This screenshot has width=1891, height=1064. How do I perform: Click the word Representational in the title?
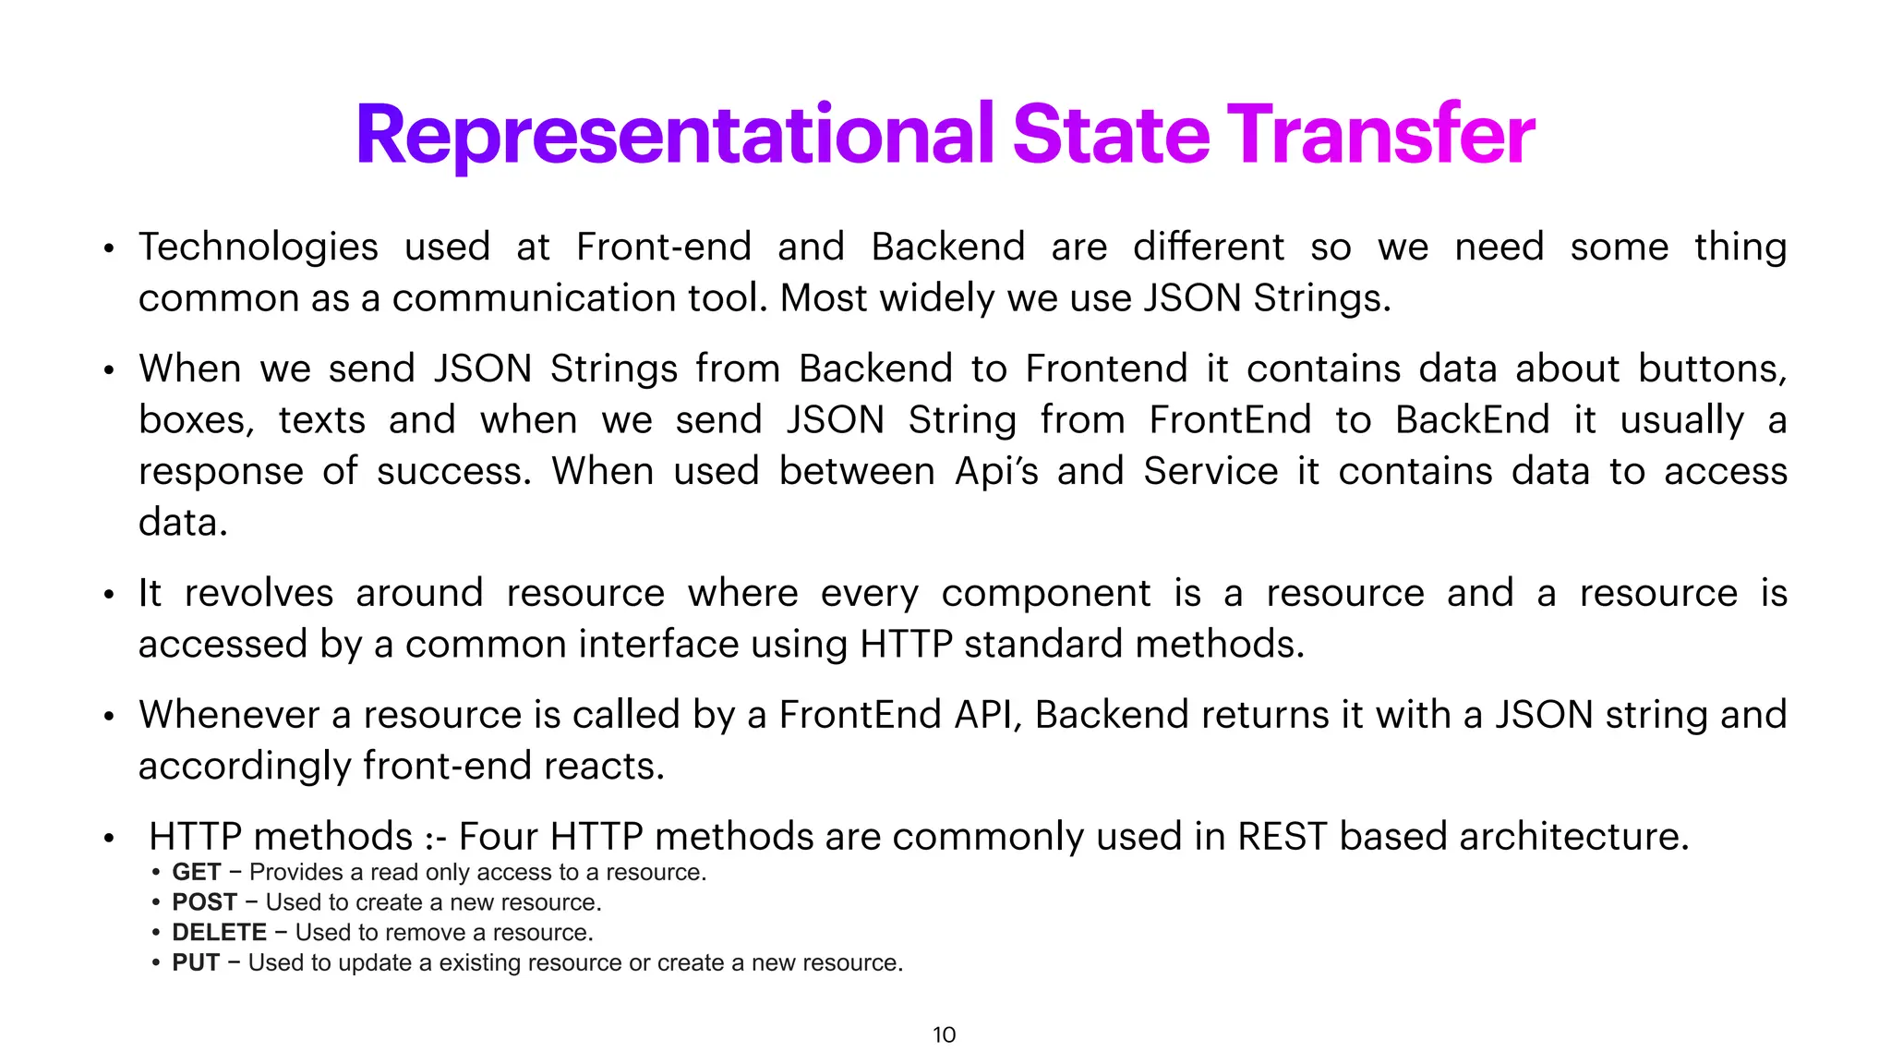pos(674,137)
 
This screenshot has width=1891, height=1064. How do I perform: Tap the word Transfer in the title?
pos(1380,135)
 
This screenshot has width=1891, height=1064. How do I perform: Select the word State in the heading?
pos(1111,135)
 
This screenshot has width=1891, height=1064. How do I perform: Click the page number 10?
pos(944,1034)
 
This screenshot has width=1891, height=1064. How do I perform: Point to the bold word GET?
pos(196,873)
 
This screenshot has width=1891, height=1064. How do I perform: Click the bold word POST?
pos(204,902)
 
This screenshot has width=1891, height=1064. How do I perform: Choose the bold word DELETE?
pos(219,933)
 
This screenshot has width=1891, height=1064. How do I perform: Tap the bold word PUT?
pos(195,963)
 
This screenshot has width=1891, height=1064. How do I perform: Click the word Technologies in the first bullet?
pos(259,248)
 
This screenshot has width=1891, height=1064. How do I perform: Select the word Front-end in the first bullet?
pos(663,248)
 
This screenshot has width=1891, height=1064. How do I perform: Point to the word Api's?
pos(996,472)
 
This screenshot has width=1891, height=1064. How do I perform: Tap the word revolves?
pos(259,594)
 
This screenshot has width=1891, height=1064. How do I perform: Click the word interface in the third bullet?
pos(658,645)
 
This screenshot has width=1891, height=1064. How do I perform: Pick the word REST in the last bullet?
pos(1282,837)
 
